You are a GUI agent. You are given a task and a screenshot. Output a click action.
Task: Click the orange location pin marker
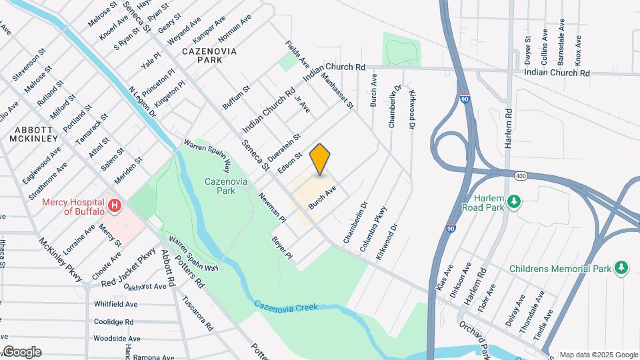pos(320,159)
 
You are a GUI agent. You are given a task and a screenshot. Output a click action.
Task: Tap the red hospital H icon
pos(115,206)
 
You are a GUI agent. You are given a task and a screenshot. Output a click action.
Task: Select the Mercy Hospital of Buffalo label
pos(73,207)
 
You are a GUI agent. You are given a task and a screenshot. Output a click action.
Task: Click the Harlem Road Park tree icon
pos(513,201)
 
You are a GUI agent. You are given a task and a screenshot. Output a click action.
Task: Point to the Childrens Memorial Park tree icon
pos(621,268)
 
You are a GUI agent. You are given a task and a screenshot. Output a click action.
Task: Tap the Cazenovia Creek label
pos(285,306)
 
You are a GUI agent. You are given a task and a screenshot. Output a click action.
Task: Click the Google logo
pos(21,351)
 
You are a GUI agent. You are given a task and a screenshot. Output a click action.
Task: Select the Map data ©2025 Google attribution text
pos(598,355)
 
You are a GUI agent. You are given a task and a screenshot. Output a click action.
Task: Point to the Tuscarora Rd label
pos(197,313)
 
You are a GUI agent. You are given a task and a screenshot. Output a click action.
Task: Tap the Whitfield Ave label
pos(115,304)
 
